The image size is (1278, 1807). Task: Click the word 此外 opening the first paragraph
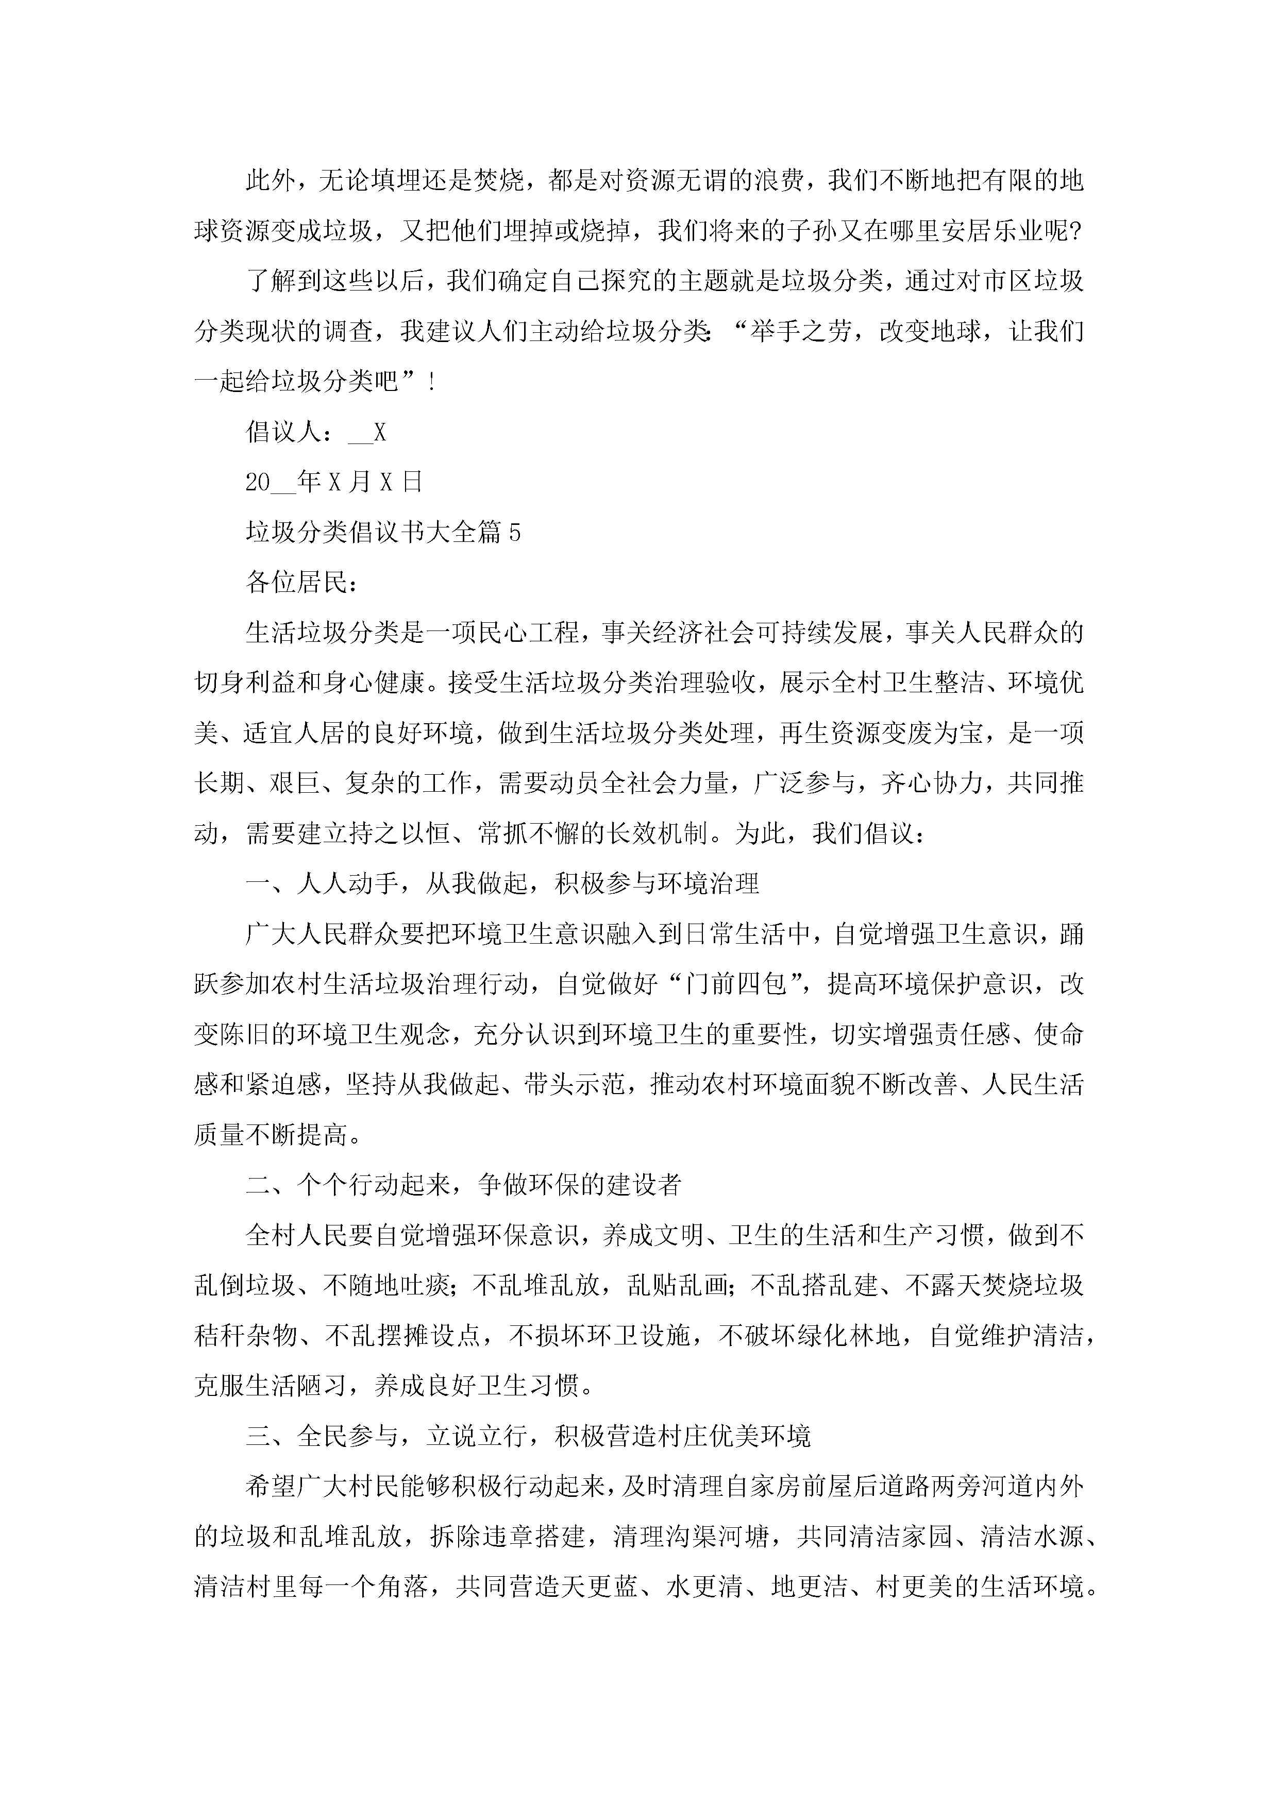pos(270,181)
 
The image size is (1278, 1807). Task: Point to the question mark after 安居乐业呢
pos(1075,231)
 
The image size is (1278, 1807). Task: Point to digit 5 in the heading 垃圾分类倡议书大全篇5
pos(514,533)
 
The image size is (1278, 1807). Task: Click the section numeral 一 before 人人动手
pos(258,884)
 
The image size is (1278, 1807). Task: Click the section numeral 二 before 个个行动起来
pos(258,1185)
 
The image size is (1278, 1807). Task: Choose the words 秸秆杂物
pos(245,1336)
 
